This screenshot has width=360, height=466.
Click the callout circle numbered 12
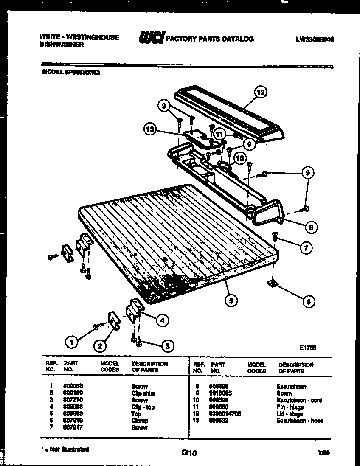click(x=260, y=92)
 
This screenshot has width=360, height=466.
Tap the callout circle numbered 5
click(x=231, y=300)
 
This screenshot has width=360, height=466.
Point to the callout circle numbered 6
click(x=309, y=301)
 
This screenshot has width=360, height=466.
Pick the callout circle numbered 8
click(x=311, y=227)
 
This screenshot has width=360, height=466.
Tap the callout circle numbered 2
click(x=100, y=347)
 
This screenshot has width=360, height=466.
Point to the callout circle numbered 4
click(x=162, y=321)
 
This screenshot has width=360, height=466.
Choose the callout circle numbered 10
click(x=240, y=158)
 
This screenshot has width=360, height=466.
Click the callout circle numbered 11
click(x=219, y=134)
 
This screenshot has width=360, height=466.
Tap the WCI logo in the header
click(x=150, y=38)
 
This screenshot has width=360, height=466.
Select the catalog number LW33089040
click(x=315, y=39)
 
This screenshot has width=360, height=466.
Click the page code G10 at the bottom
click(x=189, y=453)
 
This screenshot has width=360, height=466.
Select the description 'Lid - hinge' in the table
click(x=291, y=414)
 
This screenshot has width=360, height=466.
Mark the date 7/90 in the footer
click(x=323, y=453)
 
